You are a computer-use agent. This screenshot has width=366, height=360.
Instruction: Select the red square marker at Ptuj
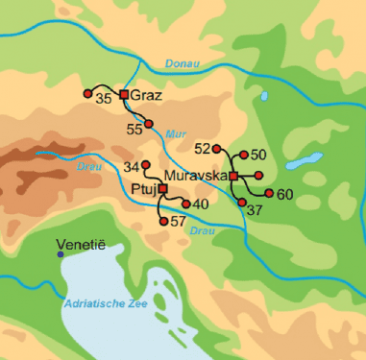162,189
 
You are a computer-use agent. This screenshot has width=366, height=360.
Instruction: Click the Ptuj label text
143,190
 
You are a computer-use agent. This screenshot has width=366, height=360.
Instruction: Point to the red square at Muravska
233,176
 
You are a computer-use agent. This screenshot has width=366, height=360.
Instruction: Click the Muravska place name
195,177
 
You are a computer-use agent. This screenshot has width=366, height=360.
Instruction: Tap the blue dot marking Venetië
61,254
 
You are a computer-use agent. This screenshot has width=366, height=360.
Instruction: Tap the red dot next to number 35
88,93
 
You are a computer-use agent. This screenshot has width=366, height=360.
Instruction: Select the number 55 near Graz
134,128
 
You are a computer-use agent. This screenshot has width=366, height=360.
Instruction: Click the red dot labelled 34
145,165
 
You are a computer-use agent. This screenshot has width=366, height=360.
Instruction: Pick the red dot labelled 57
162,222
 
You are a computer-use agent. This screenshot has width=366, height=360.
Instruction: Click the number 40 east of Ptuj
201,204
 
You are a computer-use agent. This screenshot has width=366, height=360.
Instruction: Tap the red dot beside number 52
217,149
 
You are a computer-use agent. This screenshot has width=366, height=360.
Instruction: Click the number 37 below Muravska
255,209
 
